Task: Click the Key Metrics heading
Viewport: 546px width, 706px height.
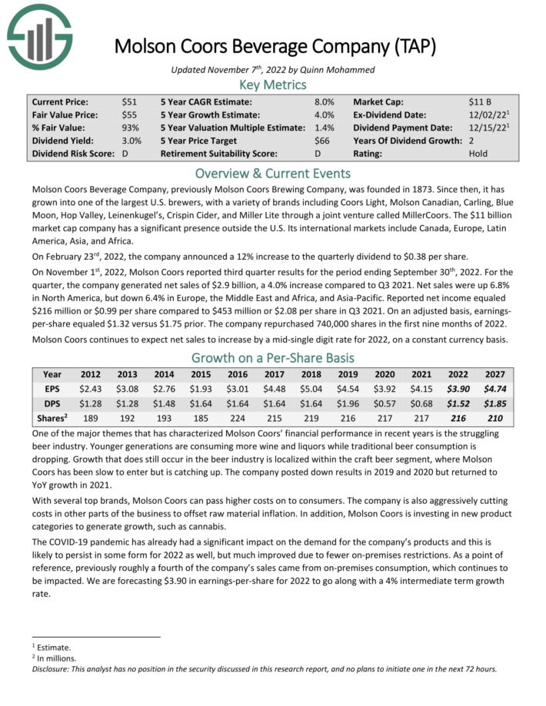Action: [272, 85]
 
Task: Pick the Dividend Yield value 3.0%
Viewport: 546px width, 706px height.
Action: [132, 141]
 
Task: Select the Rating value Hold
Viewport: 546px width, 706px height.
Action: [478, 154]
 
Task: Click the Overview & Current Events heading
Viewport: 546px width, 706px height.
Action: [272, 173]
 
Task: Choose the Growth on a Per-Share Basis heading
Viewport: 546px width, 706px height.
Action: [272, 357]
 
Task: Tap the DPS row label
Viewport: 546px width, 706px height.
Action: [52, 404]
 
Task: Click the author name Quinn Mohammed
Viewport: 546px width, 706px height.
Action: [335, 70]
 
